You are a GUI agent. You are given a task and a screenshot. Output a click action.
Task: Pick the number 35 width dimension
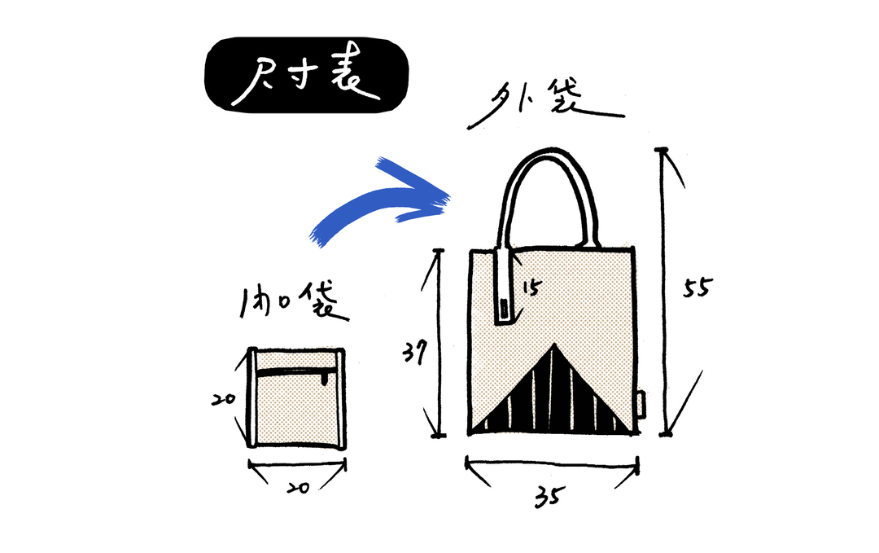[551, 495]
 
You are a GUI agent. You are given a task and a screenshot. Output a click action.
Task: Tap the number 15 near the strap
[529, 287]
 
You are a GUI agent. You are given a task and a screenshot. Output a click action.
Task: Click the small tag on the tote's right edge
[642, 404]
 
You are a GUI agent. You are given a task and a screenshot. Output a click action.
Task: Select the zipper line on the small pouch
[293, 372]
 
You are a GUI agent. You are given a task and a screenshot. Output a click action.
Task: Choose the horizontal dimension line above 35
[552, 467]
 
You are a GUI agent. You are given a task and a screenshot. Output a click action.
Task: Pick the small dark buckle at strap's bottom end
[505, 310]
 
